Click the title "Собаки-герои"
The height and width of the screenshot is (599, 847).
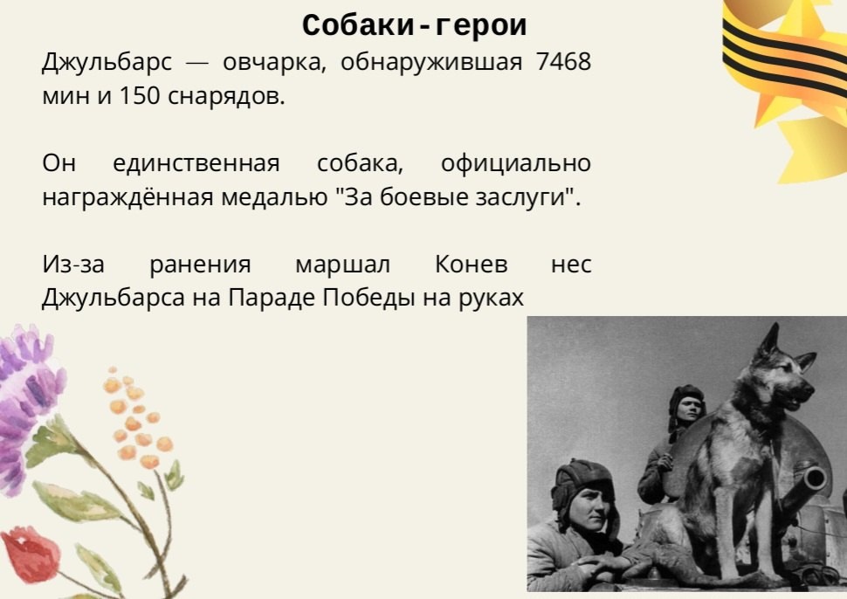(414, 24)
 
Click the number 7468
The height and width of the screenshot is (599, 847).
(564, 62)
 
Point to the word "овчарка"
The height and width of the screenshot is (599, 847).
(274, 63)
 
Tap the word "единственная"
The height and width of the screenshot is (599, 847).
(196, 163)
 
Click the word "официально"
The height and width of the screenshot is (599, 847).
(516, 163)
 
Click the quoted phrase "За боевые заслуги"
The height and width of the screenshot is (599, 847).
(458, 197)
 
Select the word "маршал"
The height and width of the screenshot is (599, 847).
(342, 265)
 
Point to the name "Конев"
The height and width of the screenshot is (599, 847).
(471, 265)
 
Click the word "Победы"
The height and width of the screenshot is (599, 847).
(369, 298)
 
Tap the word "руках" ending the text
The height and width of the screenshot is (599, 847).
(492, 298)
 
